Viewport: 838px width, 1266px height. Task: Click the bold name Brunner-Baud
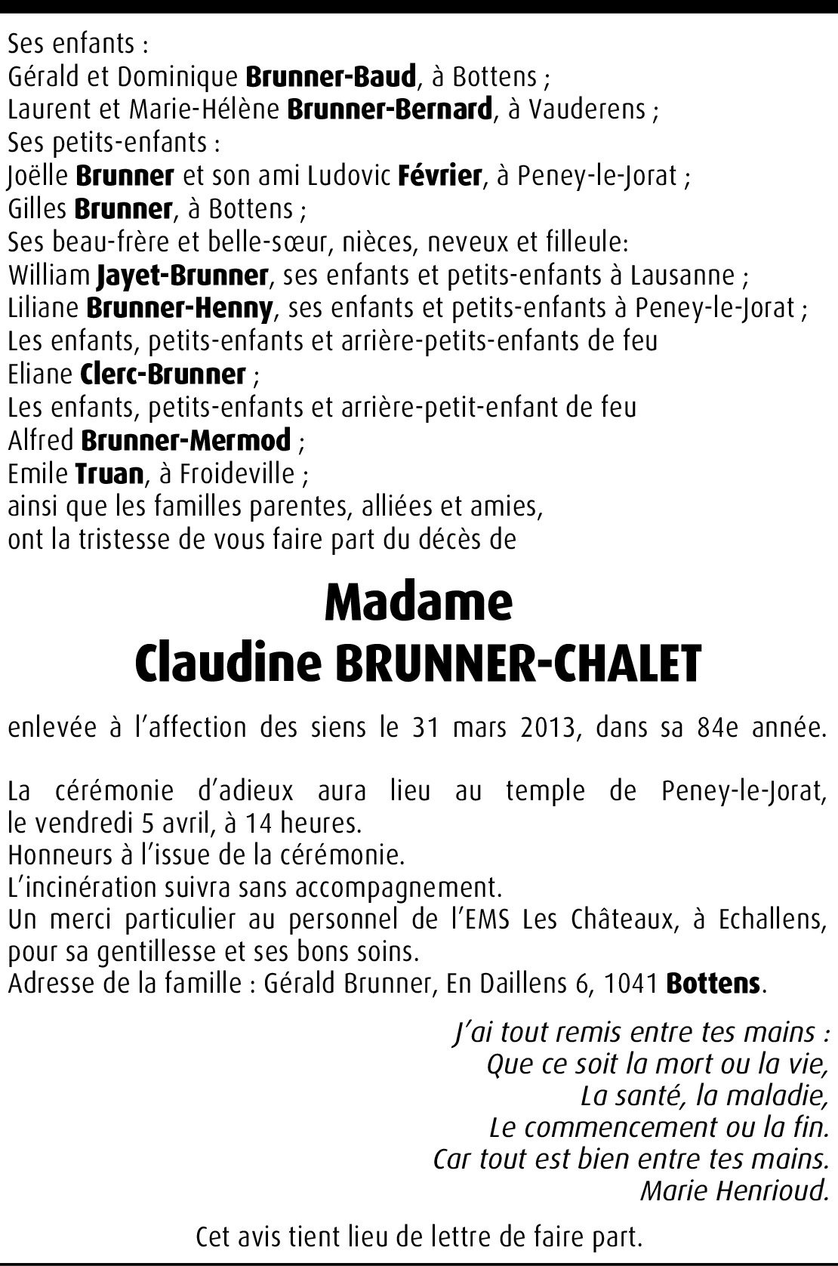331,77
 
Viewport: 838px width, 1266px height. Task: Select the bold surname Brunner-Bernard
390,110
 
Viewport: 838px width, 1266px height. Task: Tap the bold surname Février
439,177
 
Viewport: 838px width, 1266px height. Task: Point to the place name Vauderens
587,110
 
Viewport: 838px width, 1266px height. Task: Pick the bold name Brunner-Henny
180,309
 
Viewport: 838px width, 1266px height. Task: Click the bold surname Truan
109,474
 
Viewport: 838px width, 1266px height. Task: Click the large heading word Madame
418,602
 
